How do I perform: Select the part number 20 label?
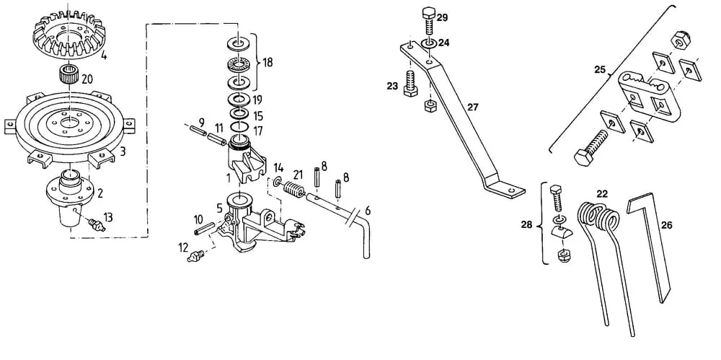coord(87,79)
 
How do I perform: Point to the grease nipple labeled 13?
coord(96,224)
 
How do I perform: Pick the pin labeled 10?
coord(204,228)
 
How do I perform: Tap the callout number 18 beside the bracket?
coord(267,62)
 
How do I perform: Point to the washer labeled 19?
coord(239,99)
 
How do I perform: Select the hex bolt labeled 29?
coord(428,21)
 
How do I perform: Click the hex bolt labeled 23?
coord(411,83)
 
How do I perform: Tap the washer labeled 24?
coord(428,44)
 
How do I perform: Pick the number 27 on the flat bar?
coord(473,107)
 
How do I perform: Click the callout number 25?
coord(600,71)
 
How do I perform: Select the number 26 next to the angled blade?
coord(666,225)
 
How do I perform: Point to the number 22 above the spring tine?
coord(602,193)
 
